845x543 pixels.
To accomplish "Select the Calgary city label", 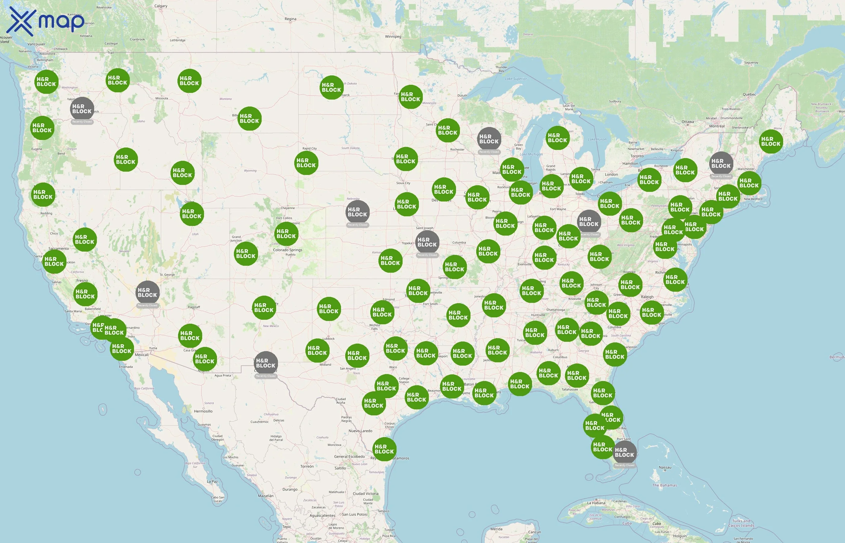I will pyautogui.click(x=161, y=6).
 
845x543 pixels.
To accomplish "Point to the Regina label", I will pyautogui.click(x=290, y=19).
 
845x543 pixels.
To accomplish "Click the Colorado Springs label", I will pyautogui.click(x=287, y=250).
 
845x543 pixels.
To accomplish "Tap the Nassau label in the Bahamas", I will pyautogui.click(x=665, y=468).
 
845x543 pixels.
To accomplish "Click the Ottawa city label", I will pyautogui.click(x=687, y=122).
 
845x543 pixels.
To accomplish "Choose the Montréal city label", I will pyautogui.click(x=717, y=126).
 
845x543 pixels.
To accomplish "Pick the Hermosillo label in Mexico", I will pyautogui.click(x=203, y=411).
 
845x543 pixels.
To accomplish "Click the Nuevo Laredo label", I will pyautogui.click(x=360, y=431).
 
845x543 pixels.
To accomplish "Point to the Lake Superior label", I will pyautogui.click(x=516, y=79).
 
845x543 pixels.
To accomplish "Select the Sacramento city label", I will pyautogui.click(x=59, y=249).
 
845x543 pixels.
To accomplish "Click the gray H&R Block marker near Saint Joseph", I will pyautogui.click(x=427, y=242).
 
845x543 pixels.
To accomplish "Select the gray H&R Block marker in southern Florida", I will pyautogui.click(x=625, y=453).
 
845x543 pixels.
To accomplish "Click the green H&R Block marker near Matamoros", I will pyautogui.click(x=384, y=449).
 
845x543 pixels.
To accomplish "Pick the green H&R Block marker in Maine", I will pyautogui.click(x=770, y=141).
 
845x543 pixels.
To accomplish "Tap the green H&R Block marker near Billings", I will pyautogui.click(x=249, y=119).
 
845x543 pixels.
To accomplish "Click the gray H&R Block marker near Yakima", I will pyautogui.click(x=82, y=109).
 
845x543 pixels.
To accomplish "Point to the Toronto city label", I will pyautogui.click(x=637, y=156).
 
